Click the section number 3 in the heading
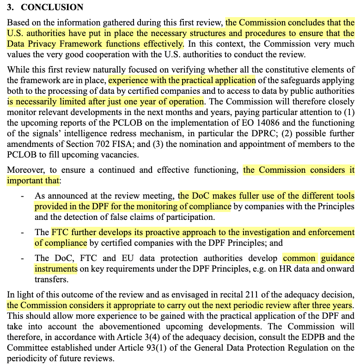pyautogui.click(x=9, y=7)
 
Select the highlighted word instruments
pyautogui.click(x=55, y=268)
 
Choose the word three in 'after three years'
pyautogui.click(x=320, y=305)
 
